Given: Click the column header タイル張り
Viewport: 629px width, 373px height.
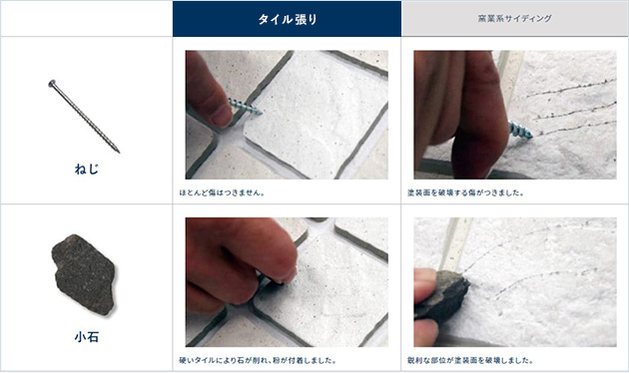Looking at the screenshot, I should [x=287, y=18].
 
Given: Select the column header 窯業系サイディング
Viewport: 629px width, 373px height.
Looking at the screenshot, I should [x=515, y=18].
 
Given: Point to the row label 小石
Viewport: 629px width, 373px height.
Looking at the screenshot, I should [x=86, y=337].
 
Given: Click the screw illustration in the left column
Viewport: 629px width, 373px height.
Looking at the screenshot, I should [x=84, y=116].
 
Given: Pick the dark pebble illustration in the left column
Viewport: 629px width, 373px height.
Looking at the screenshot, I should [x=85, y=272].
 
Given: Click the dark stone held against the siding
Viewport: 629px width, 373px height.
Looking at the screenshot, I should [x=441, y=295].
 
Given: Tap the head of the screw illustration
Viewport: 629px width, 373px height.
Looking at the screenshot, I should [x=50, y=83].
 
